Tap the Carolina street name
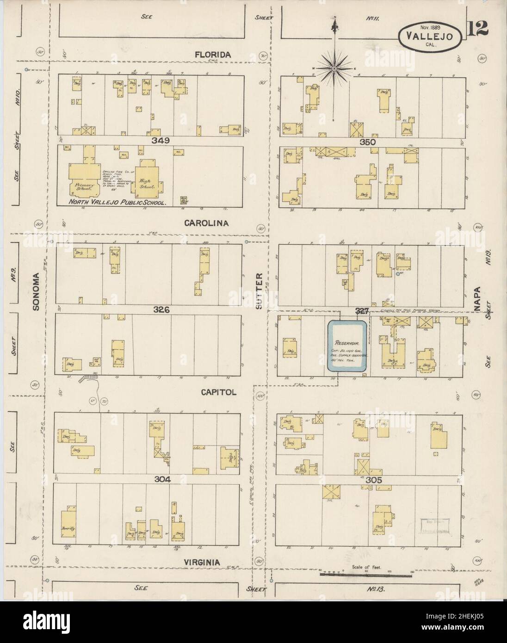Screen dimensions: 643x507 pos(207,223)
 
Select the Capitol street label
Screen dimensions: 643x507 pos(219,392)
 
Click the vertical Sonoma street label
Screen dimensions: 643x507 pos(37,291)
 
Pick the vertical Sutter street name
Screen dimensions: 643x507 pos(259,291)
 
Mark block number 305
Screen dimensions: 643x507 pos(373,480)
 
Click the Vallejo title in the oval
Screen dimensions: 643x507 pos(430,36)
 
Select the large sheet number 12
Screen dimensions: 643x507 pos(477,29)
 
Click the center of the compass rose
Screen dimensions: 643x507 pos(334,68)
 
